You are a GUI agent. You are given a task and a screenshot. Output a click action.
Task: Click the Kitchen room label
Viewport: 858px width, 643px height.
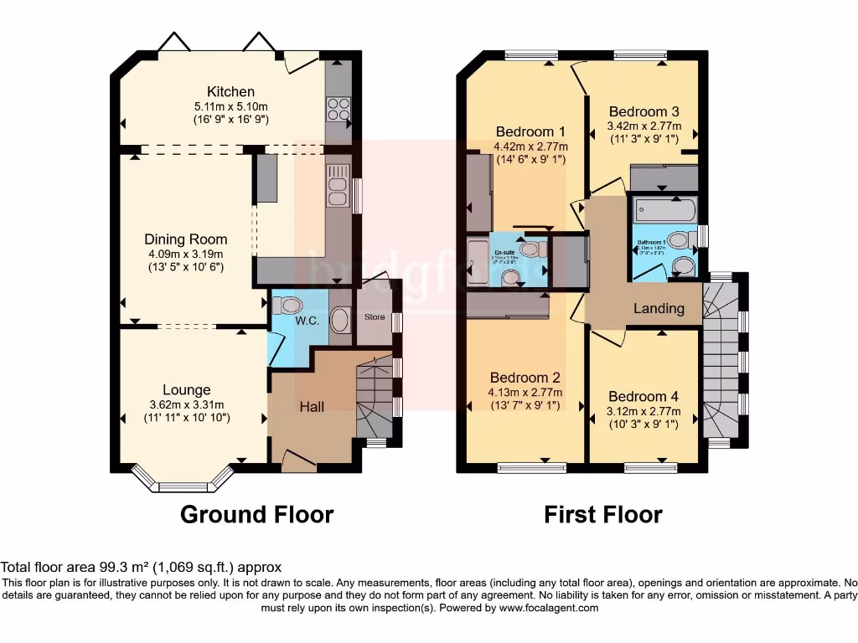click(230, 91)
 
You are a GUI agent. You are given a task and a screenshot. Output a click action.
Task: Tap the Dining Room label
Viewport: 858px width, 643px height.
click(185, 239)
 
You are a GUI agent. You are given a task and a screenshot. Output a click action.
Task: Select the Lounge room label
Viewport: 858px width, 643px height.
click(186, 389)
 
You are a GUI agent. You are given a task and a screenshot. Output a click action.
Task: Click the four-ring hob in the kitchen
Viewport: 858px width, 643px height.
click(339, 111)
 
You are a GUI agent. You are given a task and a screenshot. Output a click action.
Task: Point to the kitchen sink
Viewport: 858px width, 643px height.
click(339, 185)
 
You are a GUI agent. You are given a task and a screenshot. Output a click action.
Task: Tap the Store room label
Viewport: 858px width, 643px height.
click(374, 317)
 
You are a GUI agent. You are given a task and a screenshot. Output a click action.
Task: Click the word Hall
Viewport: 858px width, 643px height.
click(312, 407)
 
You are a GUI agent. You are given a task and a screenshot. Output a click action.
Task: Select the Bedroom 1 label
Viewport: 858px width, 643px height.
click(530, 131)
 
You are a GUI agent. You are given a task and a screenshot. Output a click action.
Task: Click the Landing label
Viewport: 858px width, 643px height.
click(659, 308)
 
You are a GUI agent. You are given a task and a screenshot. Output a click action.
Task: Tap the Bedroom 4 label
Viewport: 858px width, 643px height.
click(643, 396)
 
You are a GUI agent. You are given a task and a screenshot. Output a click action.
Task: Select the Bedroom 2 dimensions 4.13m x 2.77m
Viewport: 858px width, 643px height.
click(525, 392)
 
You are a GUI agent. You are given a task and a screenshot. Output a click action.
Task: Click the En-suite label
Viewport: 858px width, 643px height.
click(504, 251)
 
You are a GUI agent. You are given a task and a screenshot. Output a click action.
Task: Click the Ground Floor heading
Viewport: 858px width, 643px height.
click(256, 514)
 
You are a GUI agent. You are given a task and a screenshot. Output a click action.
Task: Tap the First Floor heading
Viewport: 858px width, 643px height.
click(602, 514)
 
